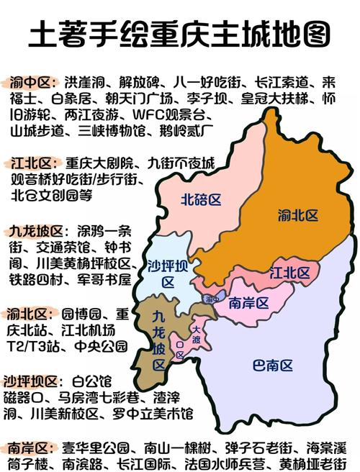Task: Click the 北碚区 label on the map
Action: tap(200, 199)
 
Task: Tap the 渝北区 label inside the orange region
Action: tap(297, 214)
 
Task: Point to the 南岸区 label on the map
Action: tap(248, 304)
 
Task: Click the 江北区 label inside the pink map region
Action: tap(289, 273)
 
